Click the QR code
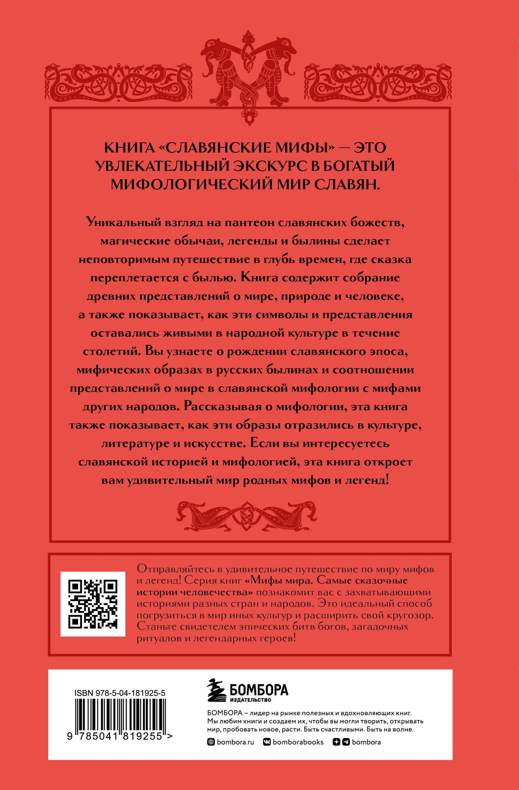[x=93, y=604]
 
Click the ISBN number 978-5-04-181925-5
[x=119, y=693]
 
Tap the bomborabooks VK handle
[x=298, y=742]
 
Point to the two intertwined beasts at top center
[x=249, y=75]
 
